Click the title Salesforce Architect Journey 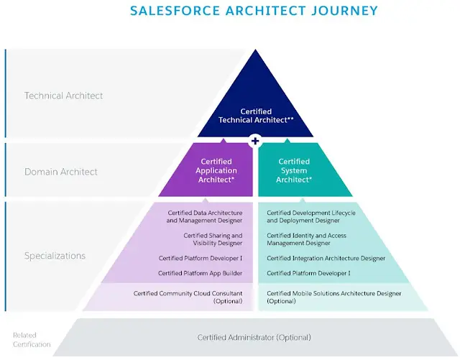254,11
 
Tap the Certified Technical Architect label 256,116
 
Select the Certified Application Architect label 216,170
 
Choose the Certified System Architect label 294,170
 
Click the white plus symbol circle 255,141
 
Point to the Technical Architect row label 63,96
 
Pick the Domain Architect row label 60,172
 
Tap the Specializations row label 55,256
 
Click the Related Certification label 32,339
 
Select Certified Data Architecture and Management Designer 204,216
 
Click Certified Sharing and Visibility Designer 213,239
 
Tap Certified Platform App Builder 200,273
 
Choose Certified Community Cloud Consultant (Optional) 188,297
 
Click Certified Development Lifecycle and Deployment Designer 311,216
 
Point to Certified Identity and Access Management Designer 306,239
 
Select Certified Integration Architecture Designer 326,258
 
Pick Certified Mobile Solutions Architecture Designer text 333,293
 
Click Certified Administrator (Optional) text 254,338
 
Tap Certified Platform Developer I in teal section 308,273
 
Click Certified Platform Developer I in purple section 201,258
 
